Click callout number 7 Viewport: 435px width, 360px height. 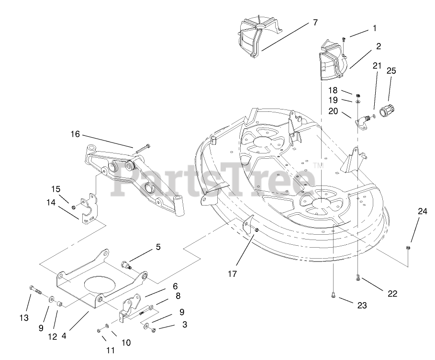click(x=315, y=22)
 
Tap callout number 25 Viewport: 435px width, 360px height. click(x=391, y=71)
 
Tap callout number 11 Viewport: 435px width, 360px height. click(x=111, y=350)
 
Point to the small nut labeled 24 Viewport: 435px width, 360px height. click(x=407, y=247)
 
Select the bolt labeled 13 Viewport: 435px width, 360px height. click(x=36, y=289)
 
